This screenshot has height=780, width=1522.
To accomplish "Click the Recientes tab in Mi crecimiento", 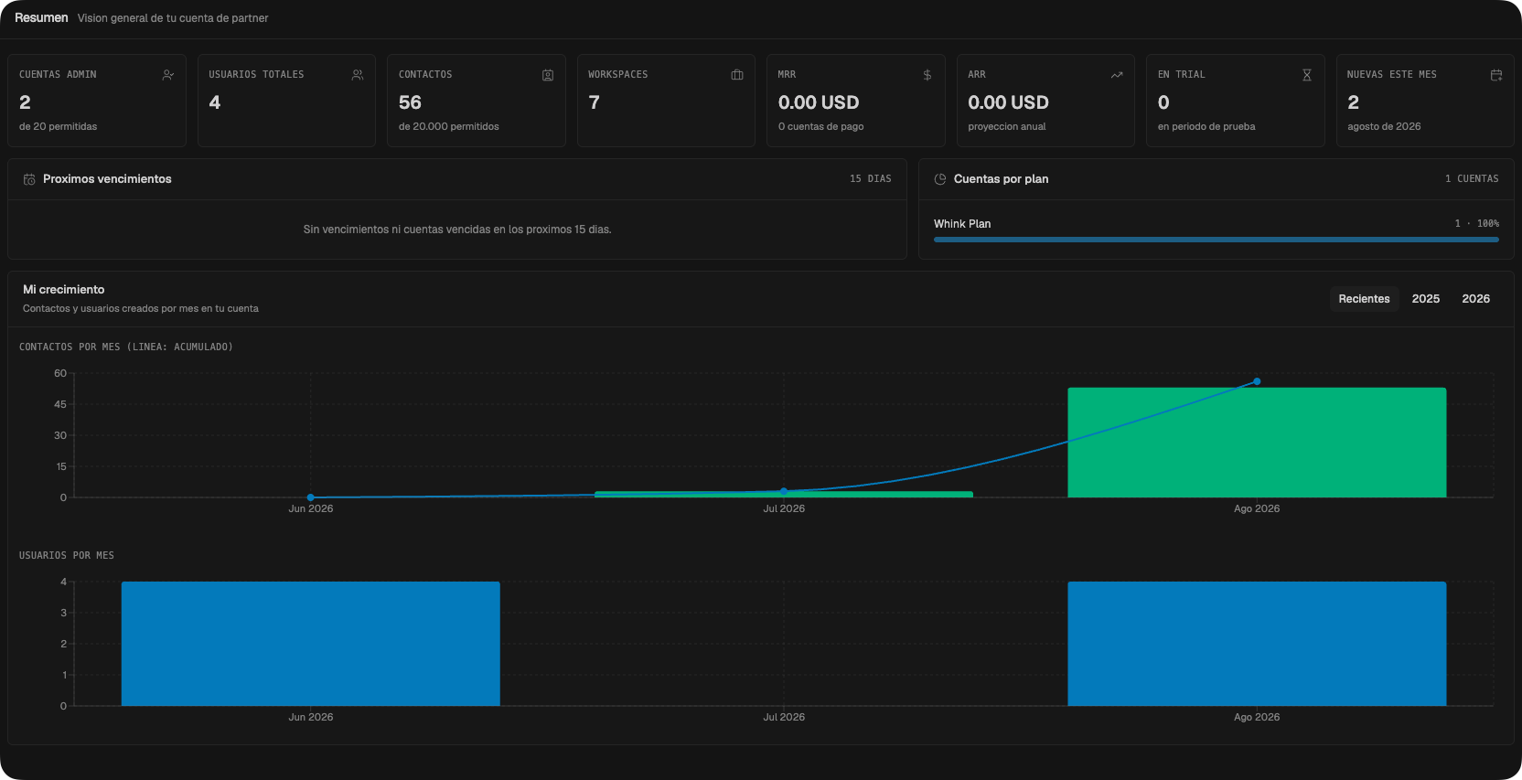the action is pyautogui.click(x=1364, y=299).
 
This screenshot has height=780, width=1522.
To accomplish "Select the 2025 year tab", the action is pyautogui.click(x=1426, y=299).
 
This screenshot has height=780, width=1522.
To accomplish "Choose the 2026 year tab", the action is pyautogui.click(x=1475, y=299).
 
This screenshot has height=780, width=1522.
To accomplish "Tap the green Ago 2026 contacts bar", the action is pyautogui.click(x=1257, y=443).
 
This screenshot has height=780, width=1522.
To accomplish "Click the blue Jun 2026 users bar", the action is pyautogui.click(x=310, y=644).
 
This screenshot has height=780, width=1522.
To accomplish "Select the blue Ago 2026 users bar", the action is pyautogui.click(x=1257, y=644).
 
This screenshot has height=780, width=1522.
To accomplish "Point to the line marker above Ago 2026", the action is pyautogui.click(x=1257, y=382).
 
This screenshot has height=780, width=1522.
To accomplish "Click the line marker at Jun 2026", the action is pyautogui.click(x=310, y=497).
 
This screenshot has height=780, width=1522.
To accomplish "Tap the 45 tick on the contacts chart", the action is pyautogui.click(x=60, y=404).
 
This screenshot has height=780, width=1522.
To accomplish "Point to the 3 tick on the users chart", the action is pyautogui.click(x=64, y=613).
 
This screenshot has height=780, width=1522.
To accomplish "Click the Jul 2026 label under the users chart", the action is pyautogui.click(x=784, y=717).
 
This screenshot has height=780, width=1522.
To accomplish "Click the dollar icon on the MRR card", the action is pyautogui.click(x=927, y=75).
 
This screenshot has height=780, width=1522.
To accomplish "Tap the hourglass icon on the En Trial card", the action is pyautogui.click(x=1307, y=75).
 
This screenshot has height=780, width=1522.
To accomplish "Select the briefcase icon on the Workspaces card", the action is pyautogui.click(x=737, y=75).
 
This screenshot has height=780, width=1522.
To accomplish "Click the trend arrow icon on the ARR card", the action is pyautogui.click(x=1117, y=75).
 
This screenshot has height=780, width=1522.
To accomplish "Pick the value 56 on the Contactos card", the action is pyautogui.click(x=410, y=102).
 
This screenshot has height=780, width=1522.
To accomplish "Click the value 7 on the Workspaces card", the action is pyautogui.click(x=594, y=102).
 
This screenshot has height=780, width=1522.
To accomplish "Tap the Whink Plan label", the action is pyautogui.click(x=962, y=223).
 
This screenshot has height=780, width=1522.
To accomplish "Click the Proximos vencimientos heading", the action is pyautogui.click(x=107, y=178).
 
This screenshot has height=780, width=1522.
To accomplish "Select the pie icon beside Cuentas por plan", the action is pyautogui.click(x=939, y=179).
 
